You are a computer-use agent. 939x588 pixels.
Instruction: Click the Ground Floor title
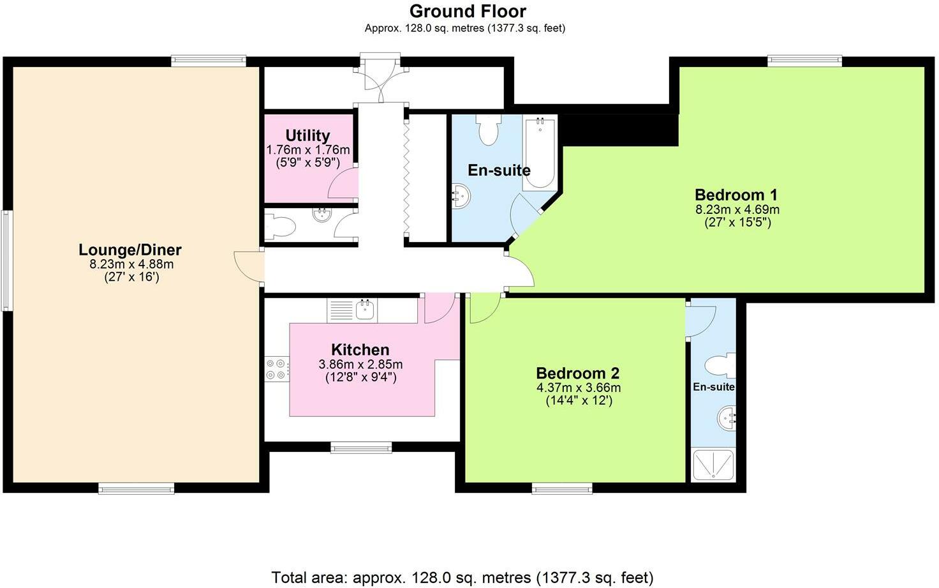pos(468,11)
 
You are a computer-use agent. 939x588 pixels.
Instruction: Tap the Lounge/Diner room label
pos(130,250)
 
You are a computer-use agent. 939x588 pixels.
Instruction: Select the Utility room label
pos(307,135)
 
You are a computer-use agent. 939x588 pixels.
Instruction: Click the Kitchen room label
pos(360,350)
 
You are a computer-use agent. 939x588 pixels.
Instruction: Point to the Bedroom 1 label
pos(737,195)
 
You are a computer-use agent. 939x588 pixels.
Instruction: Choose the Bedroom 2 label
pos(578,373)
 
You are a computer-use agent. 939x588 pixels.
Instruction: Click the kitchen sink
pos(365,310)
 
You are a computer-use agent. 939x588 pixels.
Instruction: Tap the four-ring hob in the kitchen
pos(277,369)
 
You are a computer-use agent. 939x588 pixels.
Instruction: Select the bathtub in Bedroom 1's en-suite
pos(540,153)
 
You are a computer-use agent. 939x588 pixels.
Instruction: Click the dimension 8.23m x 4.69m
pos(737,209)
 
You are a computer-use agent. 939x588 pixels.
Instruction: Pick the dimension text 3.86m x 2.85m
pos(360,365)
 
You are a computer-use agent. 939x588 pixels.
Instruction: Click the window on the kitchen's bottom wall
pos(361,447)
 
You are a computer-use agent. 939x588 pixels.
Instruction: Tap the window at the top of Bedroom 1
pos(804,61)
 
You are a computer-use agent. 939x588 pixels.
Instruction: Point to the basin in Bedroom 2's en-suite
pos(727,420)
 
